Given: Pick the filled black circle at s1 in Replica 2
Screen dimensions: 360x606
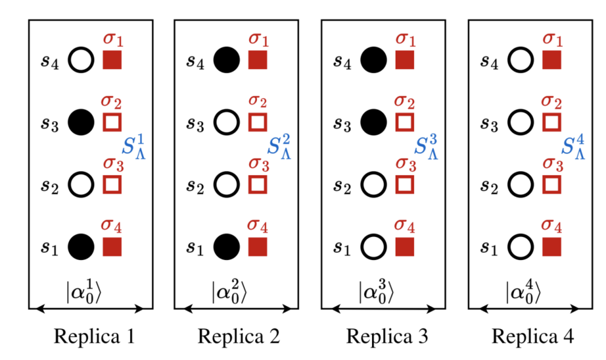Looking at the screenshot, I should point(227,246).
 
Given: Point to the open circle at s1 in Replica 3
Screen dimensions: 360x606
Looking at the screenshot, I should point(373,246).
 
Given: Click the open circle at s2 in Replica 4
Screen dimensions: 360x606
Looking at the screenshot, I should point(521,184).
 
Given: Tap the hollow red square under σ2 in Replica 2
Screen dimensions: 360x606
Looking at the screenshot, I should point(258,122).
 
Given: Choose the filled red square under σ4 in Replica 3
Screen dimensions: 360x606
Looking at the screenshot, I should point(404,246).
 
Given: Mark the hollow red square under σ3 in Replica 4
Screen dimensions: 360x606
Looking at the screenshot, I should point(551,184).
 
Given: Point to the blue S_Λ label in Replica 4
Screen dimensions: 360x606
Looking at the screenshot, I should point(573,147).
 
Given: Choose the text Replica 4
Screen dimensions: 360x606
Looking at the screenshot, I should point(532,335).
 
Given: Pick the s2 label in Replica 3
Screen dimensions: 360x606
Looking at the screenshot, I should point(344,185).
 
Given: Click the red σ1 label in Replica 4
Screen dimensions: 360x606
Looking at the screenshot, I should point(551,39).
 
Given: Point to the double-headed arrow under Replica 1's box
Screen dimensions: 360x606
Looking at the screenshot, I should point(90,309).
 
